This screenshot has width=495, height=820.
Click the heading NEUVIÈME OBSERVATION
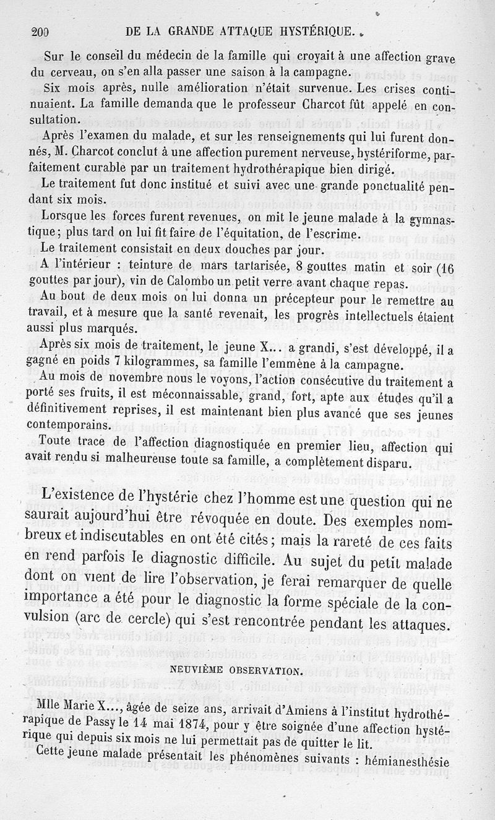coord(247,669)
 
